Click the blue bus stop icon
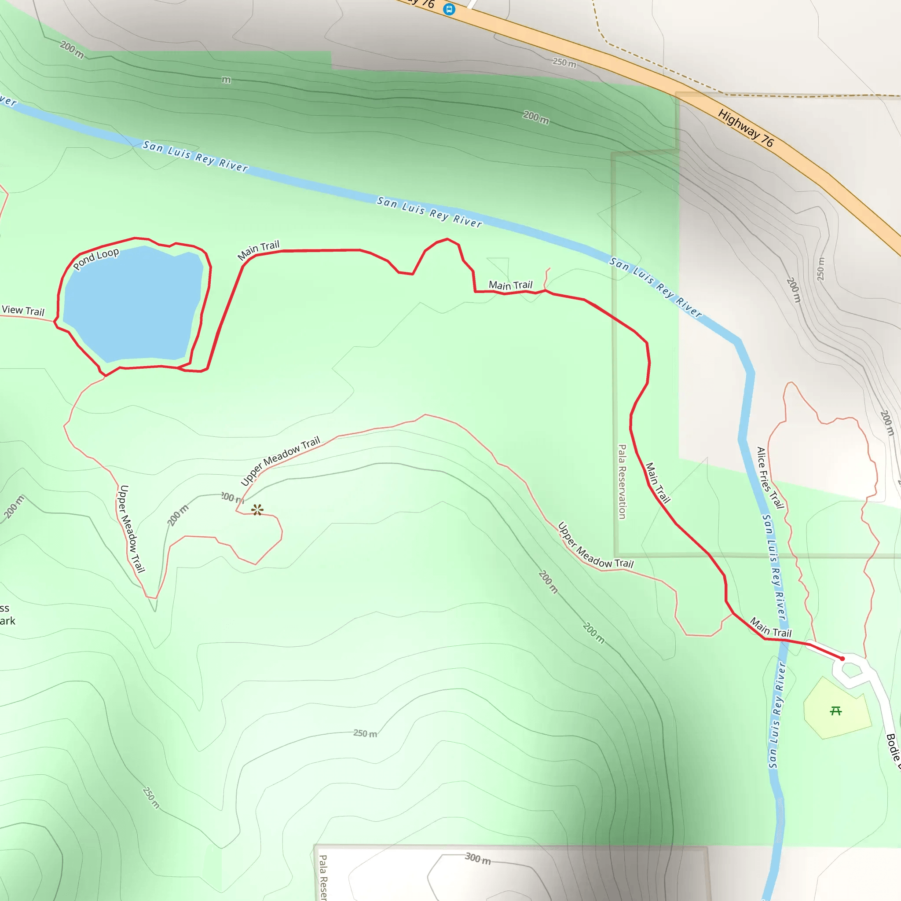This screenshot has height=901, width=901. pos(449,9)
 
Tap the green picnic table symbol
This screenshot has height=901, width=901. pos(836,711)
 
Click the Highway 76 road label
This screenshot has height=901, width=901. pos(745,128)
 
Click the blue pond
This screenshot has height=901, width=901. pos(133,303)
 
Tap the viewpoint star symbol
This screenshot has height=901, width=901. pos(257,510)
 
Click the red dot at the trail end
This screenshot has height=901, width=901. pos(842,659)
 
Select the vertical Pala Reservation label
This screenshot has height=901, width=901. pos(622,481)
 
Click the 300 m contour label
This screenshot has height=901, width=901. pos(477,858)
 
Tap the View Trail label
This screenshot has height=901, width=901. pos(23,311)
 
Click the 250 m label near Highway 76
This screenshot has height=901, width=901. pos(564,62)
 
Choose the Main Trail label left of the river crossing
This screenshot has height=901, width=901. pos(770,628)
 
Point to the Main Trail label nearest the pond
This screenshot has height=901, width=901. pos(258,250)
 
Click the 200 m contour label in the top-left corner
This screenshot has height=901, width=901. pos(72,49)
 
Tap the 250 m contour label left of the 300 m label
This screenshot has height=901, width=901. pos(365,733)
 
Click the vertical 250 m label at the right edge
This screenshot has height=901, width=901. pos(821,269)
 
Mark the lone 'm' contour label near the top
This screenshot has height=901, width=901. pos(226,80)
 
